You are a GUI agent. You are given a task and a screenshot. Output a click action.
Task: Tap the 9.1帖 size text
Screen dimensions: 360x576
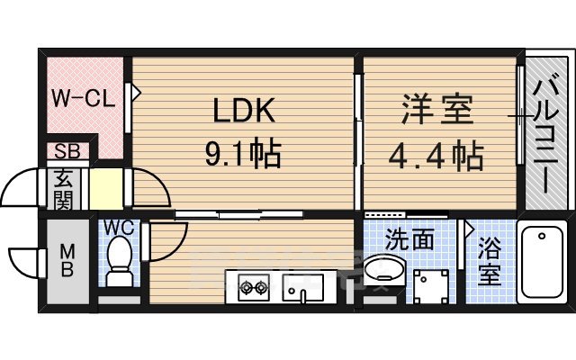tap(243, 154)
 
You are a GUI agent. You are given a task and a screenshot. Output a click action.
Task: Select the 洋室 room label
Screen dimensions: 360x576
tap(438, 112)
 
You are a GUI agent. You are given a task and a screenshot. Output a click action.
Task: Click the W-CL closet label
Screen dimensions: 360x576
tap(82, 98)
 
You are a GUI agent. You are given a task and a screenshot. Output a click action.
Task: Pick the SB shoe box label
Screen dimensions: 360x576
tap(66, 151)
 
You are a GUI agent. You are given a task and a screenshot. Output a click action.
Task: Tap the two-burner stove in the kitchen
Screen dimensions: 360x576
tap(254, 289)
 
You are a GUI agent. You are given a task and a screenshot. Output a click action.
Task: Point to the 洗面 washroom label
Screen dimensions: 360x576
tap(409, 239)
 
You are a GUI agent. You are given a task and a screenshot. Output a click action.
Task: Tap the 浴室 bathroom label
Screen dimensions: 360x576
tap(489, 262)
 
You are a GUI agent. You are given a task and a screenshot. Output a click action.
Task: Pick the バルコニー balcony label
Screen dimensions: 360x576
tap(544, 136)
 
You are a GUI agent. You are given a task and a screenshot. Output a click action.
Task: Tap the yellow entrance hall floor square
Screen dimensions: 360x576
tap(106, 188)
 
